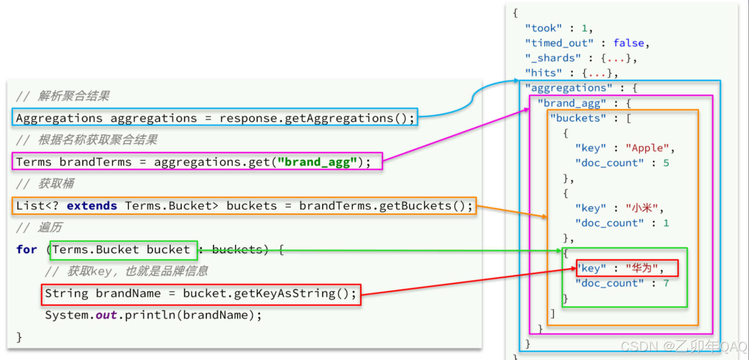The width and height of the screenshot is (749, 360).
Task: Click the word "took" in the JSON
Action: (544, 28)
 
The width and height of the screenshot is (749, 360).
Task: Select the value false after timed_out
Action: (629, 43)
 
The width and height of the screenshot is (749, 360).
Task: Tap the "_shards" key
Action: (553, 58)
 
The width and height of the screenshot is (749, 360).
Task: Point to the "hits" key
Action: (544, 72)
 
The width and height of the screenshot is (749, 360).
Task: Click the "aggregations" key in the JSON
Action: (568, 88)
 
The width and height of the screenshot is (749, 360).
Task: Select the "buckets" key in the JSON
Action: (578, 118)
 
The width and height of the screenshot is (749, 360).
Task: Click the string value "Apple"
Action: (648, 148)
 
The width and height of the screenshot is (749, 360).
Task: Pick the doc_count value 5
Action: (666, 163)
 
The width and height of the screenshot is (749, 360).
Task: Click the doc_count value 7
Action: (666, 283)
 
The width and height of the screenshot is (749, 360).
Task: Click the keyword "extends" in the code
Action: (92, 206)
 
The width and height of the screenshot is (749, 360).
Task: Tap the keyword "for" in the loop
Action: (26, 250)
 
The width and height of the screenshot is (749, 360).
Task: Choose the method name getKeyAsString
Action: (284, 294)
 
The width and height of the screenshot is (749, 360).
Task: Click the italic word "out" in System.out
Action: (106, 315)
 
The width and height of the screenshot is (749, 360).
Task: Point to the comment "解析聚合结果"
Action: (74, 96)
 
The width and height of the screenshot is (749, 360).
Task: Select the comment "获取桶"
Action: (56, 184)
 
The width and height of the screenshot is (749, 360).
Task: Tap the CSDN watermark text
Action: (684, 346)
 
